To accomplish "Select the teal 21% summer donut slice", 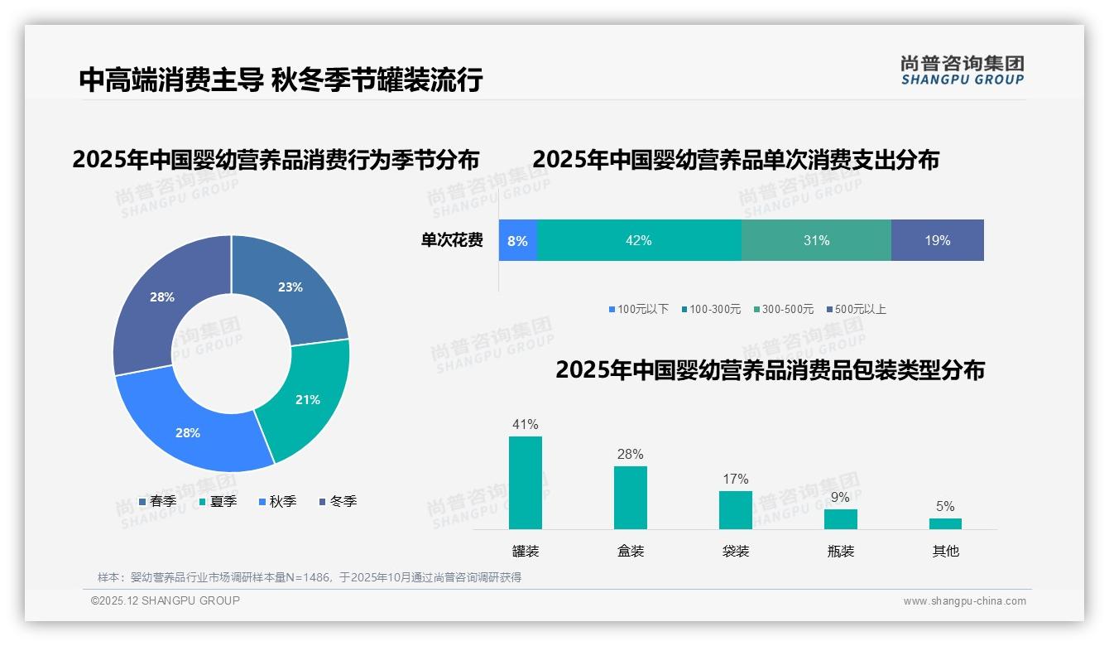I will (x=307, y=399).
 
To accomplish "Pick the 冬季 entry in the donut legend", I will (x=338, y=501).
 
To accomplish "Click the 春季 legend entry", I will (x=157, y=501).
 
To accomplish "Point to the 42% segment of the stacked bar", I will (x=639, y=240).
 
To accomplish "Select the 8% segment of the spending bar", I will (x=518, y=240).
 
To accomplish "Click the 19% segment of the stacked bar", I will (x=938, y=240).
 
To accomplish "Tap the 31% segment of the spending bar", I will (x=816, y=240).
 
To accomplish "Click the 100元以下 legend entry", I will (x=638, y=309).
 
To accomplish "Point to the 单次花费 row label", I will (x=452, y=240).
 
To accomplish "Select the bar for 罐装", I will (x=526, y=483).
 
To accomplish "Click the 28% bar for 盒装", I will (x=631, y=498).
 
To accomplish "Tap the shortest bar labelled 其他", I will (x=945, y=523).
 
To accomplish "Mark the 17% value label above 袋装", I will (x=735, y=479).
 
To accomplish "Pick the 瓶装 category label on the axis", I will (x=841, y=551).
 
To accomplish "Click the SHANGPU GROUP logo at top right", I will (x=963, y=70).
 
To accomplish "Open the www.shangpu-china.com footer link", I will (x=964, y=601).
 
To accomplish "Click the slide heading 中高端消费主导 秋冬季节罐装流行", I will (x=281, y=80).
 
